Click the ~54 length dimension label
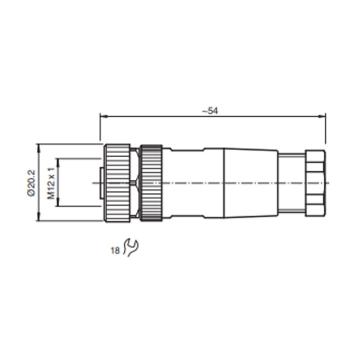212,111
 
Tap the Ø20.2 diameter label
32,183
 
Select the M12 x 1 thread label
51,183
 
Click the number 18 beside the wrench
115,251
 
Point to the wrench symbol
131,248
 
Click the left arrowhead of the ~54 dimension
103,116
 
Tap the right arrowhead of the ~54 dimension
322,116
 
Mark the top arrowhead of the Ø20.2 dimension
39,147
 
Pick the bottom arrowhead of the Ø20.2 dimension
39,218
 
